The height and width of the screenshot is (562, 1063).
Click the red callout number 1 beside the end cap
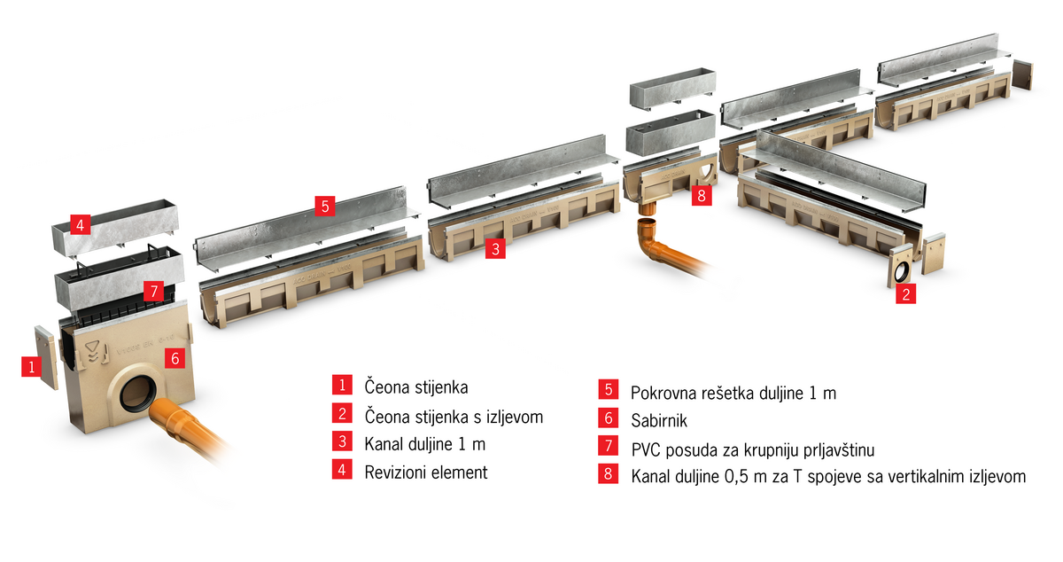[32, 367]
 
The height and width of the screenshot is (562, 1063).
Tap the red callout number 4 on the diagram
[81, 224]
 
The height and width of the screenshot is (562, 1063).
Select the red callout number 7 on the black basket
[154, 291]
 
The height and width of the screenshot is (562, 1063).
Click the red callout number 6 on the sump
[175, 358]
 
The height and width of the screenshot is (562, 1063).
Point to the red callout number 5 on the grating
[325, 207]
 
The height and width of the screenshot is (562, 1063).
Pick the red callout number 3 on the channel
[495, 249]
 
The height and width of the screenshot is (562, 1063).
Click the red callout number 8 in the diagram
[702, 195]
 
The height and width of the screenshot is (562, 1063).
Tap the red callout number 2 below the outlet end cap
[905, 294]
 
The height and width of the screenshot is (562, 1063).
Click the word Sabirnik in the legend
[659, 420]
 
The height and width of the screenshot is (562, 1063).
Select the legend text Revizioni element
[426, 472]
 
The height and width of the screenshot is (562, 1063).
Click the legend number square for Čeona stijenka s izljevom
[342, 414]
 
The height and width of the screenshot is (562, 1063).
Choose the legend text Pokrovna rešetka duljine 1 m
[733, 393]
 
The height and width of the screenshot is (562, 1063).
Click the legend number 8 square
[608, 473]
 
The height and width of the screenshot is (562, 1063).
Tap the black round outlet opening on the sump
[137, 394]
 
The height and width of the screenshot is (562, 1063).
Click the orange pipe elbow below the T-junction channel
[653, 241]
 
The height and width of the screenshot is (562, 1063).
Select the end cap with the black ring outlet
[900, 267]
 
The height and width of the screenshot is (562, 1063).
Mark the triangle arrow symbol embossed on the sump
[92, 352]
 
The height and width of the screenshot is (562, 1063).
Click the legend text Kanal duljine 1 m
[424, 444]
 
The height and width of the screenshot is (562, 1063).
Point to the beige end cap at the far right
[1022, 74]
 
